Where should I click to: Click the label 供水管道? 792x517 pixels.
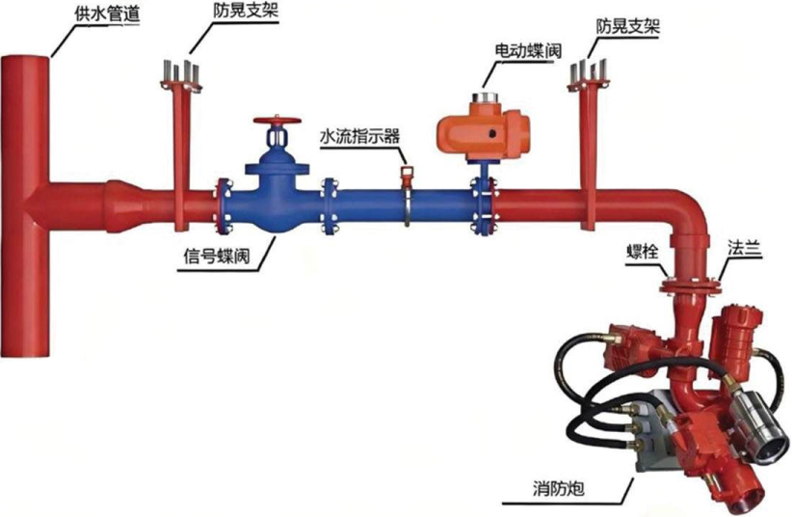tap(107, 14)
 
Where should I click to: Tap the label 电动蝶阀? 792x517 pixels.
tap(528, 50)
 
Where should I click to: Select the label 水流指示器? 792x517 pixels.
tap(359, 136)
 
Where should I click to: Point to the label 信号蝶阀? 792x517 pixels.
tap(216, 256)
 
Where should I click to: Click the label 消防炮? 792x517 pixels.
tap(558, 488)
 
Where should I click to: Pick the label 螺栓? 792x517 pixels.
tap(642, 251)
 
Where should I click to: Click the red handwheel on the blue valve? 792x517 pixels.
tap(277, 122)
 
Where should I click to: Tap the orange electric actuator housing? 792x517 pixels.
tap(483, 131)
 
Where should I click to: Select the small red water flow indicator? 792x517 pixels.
tap(406, 175)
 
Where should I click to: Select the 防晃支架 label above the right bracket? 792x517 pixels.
tap(628, 26)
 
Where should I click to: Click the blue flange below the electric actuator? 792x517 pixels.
tap(483, 205)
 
